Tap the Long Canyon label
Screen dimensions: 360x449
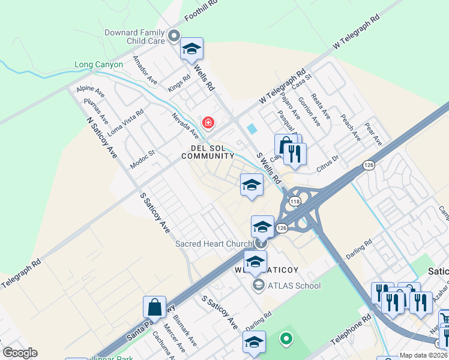pyautogui.click(x=98, y=65)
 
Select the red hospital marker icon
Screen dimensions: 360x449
pyautogui.click(x=208, y=123)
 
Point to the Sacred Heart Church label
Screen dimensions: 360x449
pyautogui.click(x=214, y=244)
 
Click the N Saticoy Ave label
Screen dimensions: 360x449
pyautogui.click(x=101, y=137)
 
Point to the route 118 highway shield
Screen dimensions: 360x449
pyautogui.click(x=295, y=202)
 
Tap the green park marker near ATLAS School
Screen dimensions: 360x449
pyautogui.click(x=287, y=340)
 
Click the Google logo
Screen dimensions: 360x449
pyautogui.click(x=20, y=353)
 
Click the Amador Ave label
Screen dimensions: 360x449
pyautogui.click(x=145, y=70)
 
